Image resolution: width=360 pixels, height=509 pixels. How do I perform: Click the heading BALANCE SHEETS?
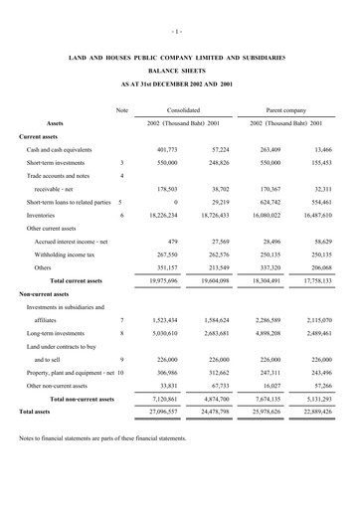point(180,73)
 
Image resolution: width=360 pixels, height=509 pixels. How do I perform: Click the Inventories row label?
point(41,214)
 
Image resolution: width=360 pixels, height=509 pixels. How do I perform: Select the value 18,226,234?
point(169,214)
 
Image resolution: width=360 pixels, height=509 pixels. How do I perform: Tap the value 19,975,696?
point(169,281)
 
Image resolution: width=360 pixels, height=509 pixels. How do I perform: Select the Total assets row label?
point(35,411)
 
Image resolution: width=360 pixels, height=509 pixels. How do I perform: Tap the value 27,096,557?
point(169,411)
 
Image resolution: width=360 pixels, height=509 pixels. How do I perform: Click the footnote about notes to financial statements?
point(102,437)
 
